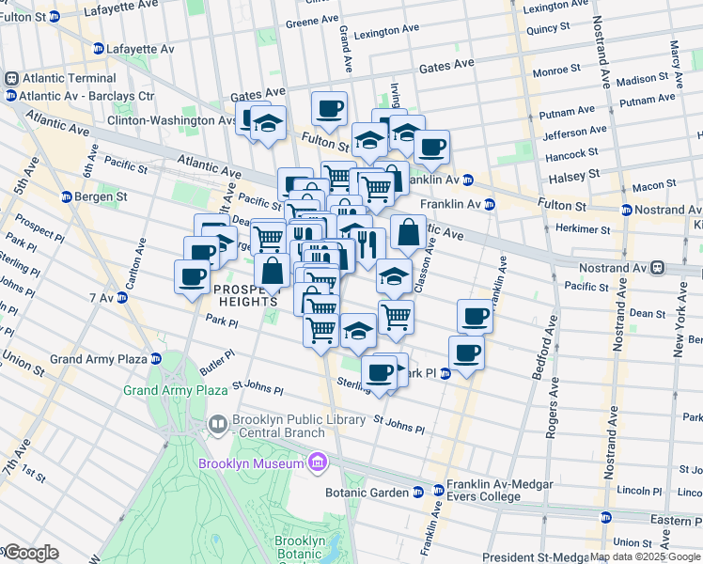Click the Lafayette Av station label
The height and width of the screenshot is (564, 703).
(140, 48)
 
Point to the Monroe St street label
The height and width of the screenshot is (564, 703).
(556, 70)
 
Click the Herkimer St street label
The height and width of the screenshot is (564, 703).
(583, 228)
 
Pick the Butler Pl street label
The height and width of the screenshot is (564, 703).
(216, 363)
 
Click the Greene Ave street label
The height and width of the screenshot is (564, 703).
(311, 21)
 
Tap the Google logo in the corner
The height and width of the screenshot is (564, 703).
(30, 553)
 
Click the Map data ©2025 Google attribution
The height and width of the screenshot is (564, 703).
(645, 557)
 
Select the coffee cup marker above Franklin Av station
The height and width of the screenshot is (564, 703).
(431, 148)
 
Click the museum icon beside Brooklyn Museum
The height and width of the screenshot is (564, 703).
(318, 462)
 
